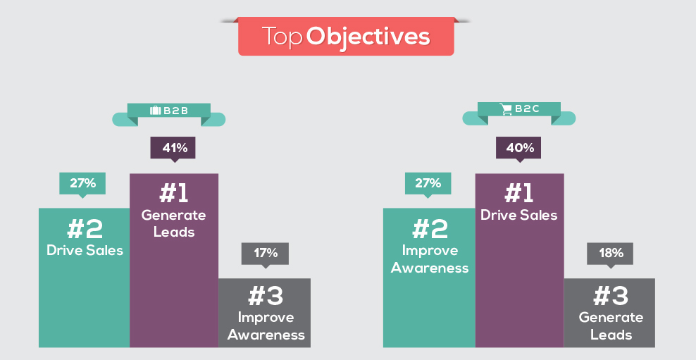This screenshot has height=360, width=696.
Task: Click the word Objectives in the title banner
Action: coord(368,37)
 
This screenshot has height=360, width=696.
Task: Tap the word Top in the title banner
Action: coord(282,37)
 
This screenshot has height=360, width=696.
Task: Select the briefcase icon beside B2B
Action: coord(155,110)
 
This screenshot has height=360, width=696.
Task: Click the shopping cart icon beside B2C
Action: coord(506,109)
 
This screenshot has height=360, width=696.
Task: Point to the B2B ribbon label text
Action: coord(176,111)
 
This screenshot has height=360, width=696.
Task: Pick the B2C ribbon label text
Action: coord(527,109)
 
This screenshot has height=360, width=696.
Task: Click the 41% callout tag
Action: coord(173,149)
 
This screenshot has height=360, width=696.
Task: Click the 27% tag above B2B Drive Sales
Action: coord(82,184)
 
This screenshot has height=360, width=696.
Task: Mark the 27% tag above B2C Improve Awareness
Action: coord(428,184)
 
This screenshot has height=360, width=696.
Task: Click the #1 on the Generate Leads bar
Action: coord(173,194)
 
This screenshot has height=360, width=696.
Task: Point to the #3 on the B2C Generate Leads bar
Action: coord(610,296)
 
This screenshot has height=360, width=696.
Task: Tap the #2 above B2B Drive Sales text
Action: coord(85,229)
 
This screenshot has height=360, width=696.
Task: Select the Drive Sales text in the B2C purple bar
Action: coord(518,216)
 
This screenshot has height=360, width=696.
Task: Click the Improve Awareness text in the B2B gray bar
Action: coord(266,325)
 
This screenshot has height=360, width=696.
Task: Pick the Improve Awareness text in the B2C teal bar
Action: coord(429,259)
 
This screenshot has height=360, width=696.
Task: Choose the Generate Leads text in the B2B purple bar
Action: coord(173,224)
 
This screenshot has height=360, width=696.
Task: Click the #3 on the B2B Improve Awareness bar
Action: coord(266,296)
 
